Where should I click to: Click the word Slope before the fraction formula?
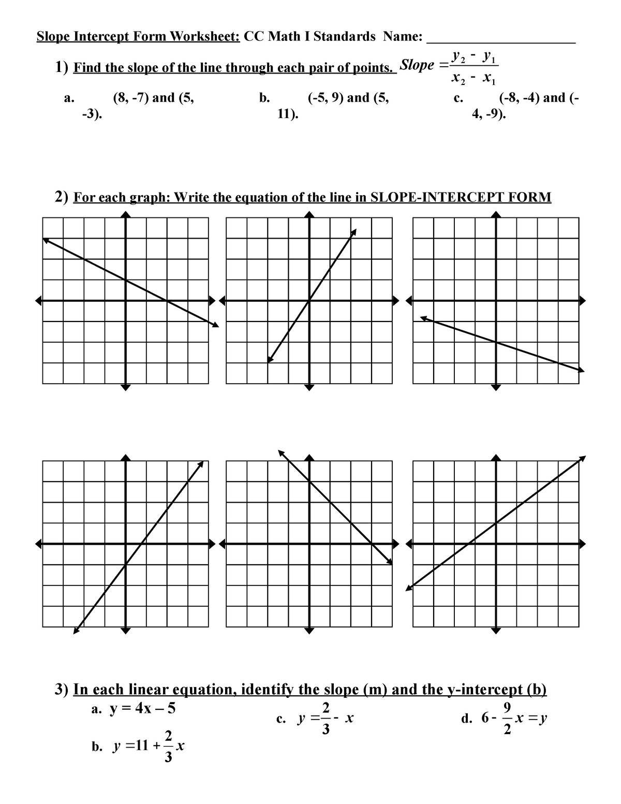click(x=418, y=65)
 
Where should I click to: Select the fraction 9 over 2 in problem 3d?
click(x=507, y=718)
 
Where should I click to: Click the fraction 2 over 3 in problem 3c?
click(x=325, y=718)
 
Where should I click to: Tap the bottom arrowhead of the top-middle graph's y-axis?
click(x=309, y=387)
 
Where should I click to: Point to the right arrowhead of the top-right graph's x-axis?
click(x=582, y=300)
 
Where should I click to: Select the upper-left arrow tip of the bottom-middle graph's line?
click(x=280, y=451)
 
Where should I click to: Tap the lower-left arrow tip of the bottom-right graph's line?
click(x=408, y=588)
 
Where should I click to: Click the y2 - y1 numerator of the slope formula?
click(x=474, y=56)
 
